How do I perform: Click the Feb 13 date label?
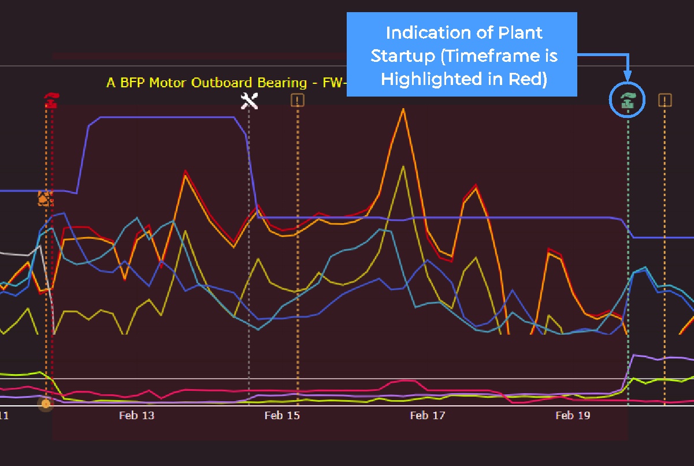[137, 415]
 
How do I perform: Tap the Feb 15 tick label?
[282, 415]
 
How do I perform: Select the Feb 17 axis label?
[428, 415]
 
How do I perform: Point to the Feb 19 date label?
[573, 415]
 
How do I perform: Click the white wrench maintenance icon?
[249, 101]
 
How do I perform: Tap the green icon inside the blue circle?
[628, 101]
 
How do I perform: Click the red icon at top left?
[51, 101]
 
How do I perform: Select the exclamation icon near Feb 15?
[298, 101]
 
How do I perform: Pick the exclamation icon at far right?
[665, 101]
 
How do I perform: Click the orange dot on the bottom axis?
[46, 403]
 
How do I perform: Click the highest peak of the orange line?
[403, 109]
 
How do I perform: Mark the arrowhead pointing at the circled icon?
[628, 76]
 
